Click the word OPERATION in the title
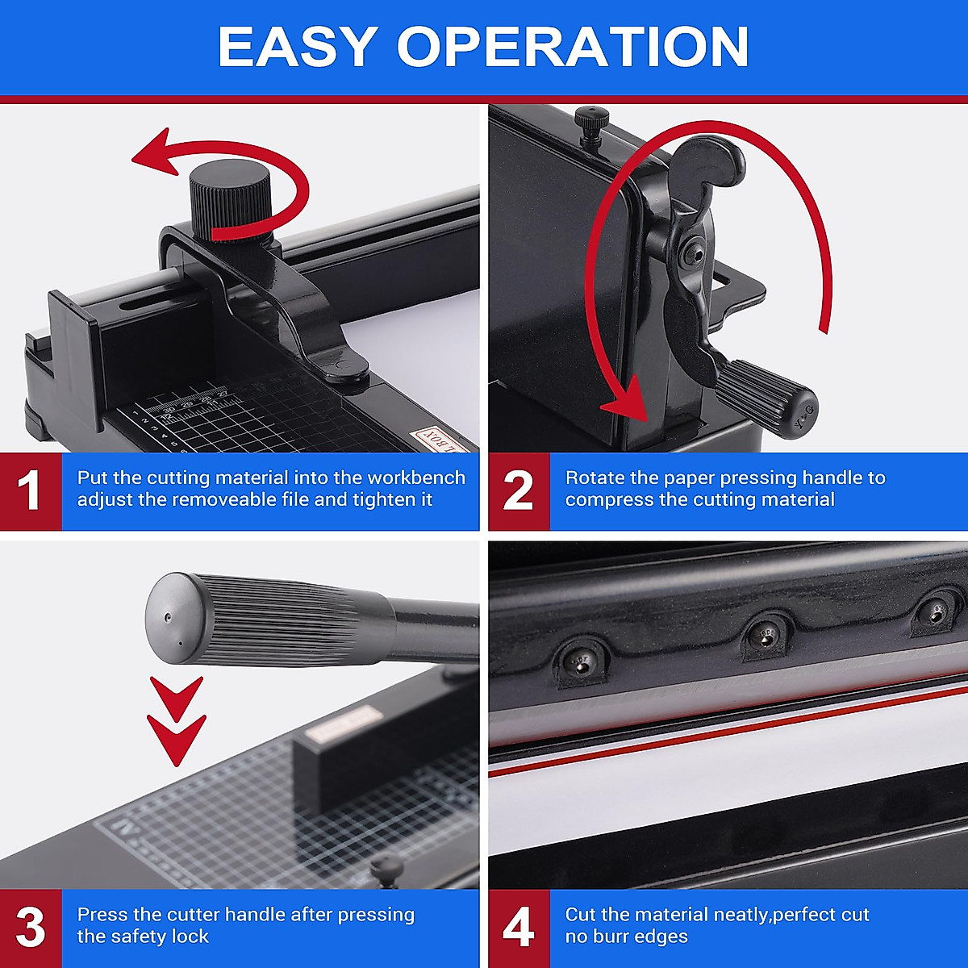tap(573, 47)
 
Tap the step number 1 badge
tap(30, 490)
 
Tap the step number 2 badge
tap(518, 490)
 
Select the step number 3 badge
tap(30, 928)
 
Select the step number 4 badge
tap(518, 928)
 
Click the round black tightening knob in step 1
tap(230, 198)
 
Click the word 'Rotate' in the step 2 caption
tap(594, 478)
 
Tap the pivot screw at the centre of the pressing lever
tap(691, 252)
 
